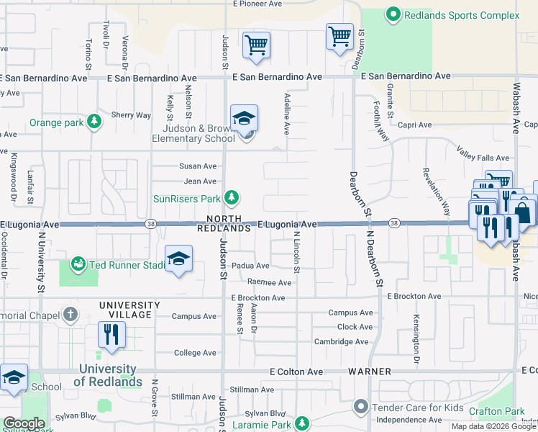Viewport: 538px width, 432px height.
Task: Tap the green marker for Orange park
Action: click(x=94, y=122)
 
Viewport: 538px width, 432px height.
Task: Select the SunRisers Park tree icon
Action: click(x=231, y=197)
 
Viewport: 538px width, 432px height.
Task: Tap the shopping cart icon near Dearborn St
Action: click(x=339, y=36)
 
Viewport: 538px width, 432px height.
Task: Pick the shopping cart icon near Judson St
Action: click(x=256, y=45)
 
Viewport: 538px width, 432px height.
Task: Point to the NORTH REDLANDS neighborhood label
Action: click(x=227, y=223)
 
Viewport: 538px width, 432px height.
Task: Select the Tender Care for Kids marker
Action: click(x=362, y=408)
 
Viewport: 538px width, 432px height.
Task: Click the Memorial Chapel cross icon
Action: click(x=70, y=314)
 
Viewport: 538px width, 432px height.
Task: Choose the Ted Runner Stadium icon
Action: click(x=78, y=265)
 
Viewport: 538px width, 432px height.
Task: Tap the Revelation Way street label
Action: click(x=436, y=192)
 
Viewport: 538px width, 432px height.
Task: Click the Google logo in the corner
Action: click(x=23, y=423)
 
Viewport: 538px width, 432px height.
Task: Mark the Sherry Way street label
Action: click(x=131, y=114)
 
